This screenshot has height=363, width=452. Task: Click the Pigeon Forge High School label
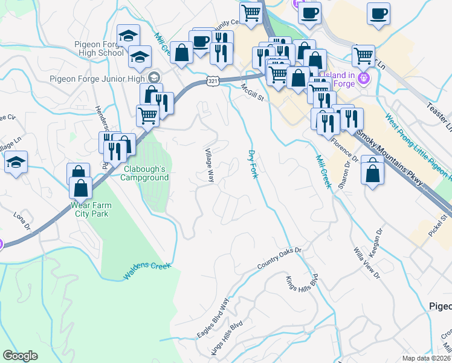coord(98,48)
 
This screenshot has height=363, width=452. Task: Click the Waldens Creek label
coord(147,270)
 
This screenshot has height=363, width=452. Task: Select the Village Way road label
coord(209,166)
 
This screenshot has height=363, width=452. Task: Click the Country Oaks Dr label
coord(279,258)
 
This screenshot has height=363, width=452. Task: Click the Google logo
coord(20,356)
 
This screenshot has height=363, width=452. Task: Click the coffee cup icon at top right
coord(378,14)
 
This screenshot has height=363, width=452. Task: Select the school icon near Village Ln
coord(16,162)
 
